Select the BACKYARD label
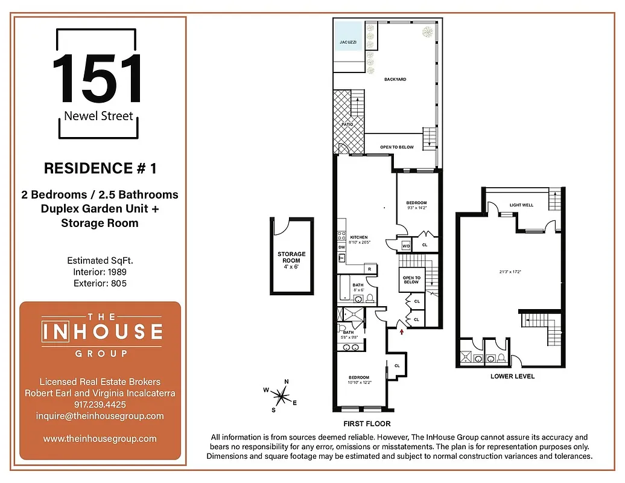[x=395, y=79]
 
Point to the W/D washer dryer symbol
[x=406, y=246]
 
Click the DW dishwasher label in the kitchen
[x=341, y=247]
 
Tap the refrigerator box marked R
[x=369, y=269]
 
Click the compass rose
[x=280, y=396]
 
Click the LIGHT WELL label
[x=521, y=205]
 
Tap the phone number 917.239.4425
[x=100, y=405]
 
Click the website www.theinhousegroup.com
[x=100, y=439]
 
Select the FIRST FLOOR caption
[x=367, y=423]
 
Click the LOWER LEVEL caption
[x=513, y=376]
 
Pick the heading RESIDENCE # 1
[x=100, y=168]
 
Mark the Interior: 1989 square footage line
[x=100, y=272]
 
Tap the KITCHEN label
[x=359, y=238]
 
